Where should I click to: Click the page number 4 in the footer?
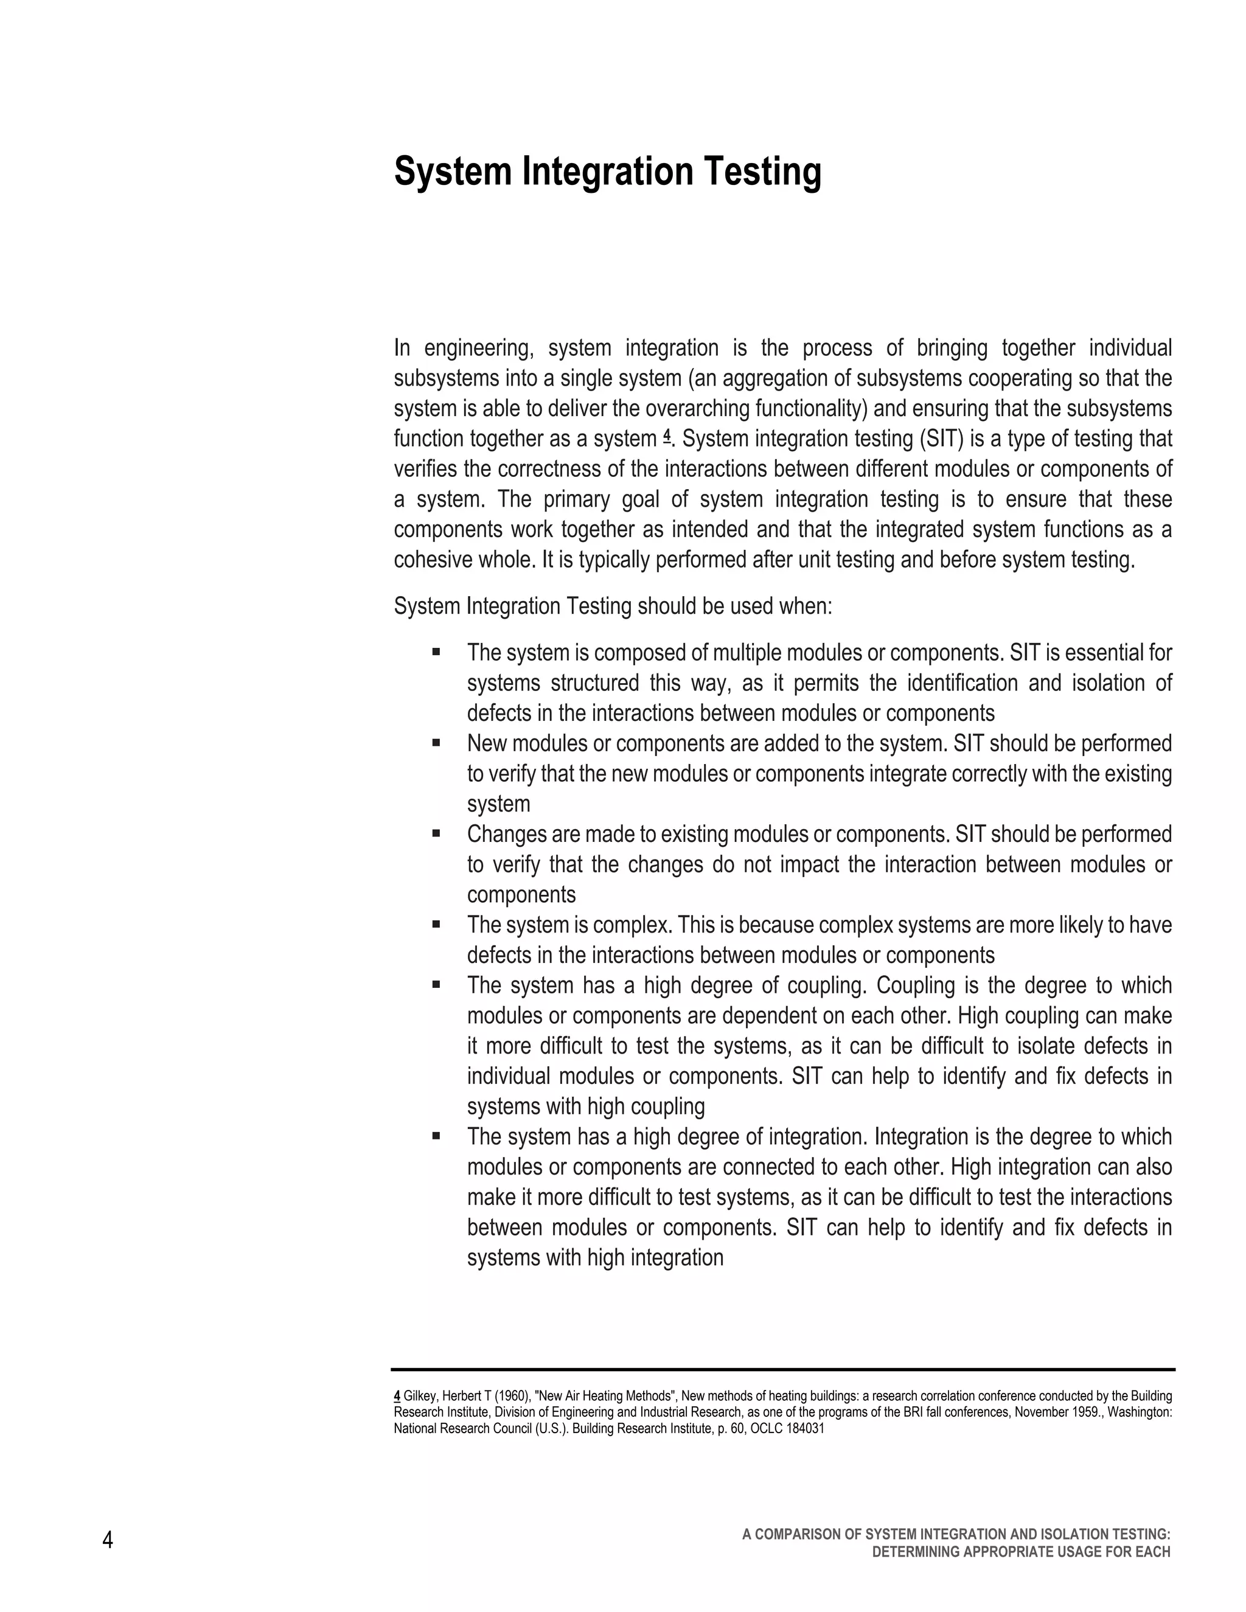point(108,1540)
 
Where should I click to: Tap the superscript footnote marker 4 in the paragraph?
point(667,436)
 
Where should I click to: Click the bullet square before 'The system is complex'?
point(436,923)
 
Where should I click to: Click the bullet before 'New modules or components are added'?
point(436,742)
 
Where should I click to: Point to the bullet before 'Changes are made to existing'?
point(436,833)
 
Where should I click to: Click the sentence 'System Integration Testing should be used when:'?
point(613,606)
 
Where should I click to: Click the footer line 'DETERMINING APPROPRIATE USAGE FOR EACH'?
point(1021,1552)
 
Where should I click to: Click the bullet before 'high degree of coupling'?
point(436,984)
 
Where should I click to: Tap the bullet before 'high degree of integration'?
point(436,1136)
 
